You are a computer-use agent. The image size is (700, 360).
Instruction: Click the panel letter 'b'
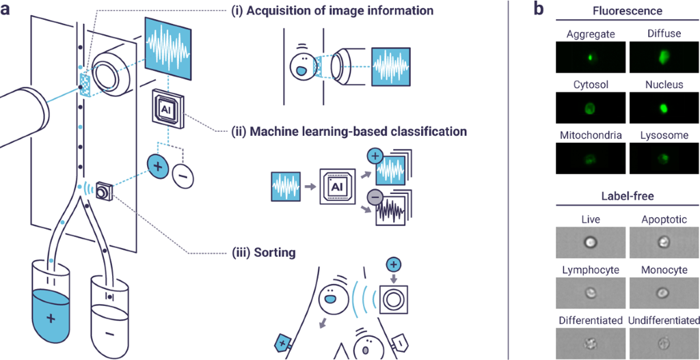pos(539,10)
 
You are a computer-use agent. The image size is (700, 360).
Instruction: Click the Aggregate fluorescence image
pos(590,57)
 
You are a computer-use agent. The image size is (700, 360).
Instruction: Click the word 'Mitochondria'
pos(590,135)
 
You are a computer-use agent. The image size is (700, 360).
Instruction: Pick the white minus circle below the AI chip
pos(183,176)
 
